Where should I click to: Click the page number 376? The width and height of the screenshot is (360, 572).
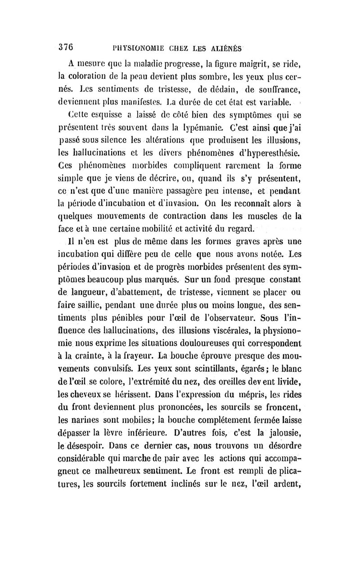(66, 48)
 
